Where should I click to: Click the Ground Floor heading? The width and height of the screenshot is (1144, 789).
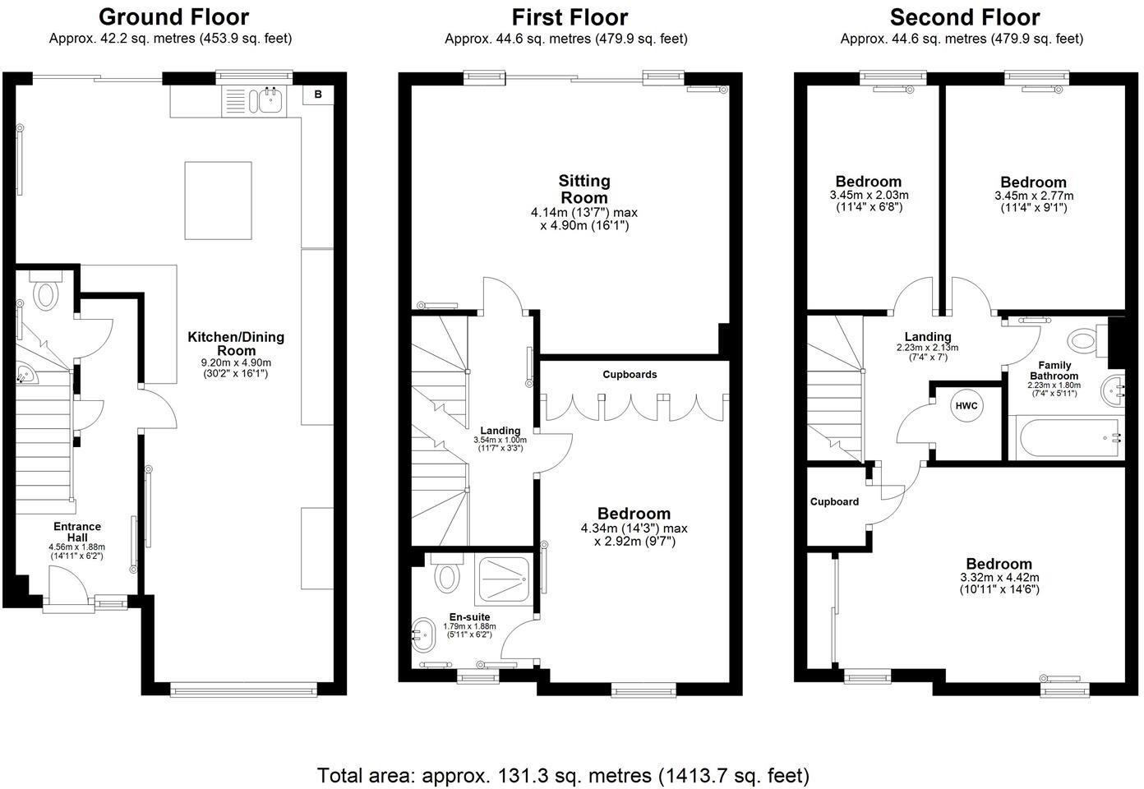click(x=173, y=17)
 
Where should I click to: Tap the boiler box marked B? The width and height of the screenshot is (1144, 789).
click(x=318, y=95)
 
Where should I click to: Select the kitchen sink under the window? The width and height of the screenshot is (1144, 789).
click(x=269, y=100)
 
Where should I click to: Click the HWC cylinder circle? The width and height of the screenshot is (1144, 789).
click(x=966, y=406)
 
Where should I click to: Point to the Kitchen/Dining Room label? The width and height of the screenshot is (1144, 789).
click(x=236, y=344)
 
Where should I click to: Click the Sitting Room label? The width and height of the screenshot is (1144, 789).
click(x=584, y=189)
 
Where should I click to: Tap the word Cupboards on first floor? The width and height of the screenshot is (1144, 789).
click(x=630, y=374)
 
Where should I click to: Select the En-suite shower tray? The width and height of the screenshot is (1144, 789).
click(x=504, y=579)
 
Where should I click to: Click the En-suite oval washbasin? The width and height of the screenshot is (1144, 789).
click(x=423, y=635)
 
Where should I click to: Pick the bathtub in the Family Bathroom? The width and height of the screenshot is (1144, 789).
click(x=1067, y=438)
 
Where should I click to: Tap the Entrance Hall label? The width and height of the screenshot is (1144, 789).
click(x=77, y=532)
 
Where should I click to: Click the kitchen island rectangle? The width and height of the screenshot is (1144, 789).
click(x=218, y=201)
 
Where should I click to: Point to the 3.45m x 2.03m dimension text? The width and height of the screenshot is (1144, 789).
click(x=869, y=195)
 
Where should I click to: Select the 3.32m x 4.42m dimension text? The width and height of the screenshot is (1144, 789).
click(x=999, y=578)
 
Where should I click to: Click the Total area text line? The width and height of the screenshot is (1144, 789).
click(x=563, y=775)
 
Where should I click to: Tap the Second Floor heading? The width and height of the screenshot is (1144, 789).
click(x=965, y=17)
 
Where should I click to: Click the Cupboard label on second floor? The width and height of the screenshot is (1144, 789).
click(x=834, y=502)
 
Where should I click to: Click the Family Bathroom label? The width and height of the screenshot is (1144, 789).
click(x=1054, y=370)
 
